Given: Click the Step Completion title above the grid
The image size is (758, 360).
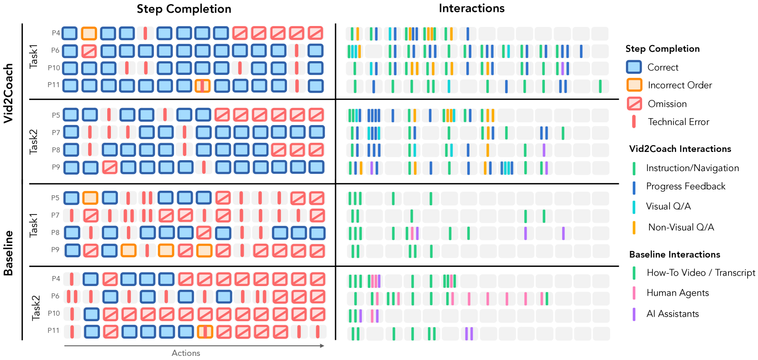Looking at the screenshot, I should (184, 9).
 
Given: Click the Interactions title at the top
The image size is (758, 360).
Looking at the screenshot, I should (471, 8).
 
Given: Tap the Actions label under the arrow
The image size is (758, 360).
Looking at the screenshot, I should (186, 353).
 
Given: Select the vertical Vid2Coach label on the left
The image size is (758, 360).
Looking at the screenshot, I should (8, 93).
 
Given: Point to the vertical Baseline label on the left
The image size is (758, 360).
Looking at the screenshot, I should (8, 253).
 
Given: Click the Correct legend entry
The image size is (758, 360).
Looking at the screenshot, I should (663, 68).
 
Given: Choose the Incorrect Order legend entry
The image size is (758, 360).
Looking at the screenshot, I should (680, 85).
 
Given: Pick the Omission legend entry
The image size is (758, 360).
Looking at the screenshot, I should (667, 104).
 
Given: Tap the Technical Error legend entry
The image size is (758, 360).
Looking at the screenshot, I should (678, 122).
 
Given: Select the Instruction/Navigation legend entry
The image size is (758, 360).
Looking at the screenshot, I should (692, 168).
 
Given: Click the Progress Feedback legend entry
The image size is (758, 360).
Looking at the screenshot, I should (685, 186).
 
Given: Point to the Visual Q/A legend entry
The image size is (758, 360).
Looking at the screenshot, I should (668, 206).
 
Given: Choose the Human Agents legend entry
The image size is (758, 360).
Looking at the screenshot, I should (677, 293).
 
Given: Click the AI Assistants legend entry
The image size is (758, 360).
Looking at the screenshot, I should (672, 314).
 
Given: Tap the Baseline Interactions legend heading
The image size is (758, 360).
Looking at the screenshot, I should (674, 255).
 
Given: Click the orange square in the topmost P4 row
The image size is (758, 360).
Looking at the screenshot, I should (89, 33).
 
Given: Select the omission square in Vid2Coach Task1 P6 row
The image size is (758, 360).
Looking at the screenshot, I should (89, 51).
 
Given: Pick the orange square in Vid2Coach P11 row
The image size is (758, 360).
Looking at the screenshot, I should (203, 86).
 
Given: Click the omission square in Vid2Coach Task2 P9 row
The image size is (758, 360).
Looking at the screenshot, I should (110, 167).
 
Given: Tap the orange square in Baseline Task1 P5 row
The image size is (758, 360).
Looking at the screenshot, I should (90, 198).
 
